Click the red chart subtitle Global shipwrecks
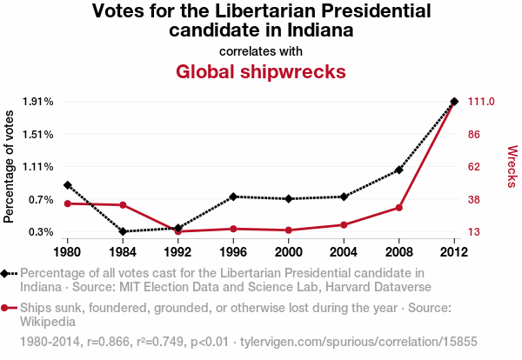[261, 71]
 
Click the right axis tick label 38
[475, 199]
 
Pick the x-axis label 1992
[177, 252]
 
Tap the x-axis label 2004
[344, 252]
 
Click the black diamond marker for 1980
[67, 185]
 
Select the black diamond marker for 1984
[123, 231]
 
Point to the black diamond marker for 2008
[399, 170]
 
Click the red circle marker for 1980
[67, 203]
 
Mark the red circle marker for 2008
[399, 207]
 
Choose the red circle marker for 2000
[289, 230]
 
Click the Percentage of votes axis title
[10, 167]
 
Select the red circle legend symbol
[8, 308]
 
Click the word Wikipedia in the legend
[51, 322]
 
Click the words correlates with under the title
[261, 50]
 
